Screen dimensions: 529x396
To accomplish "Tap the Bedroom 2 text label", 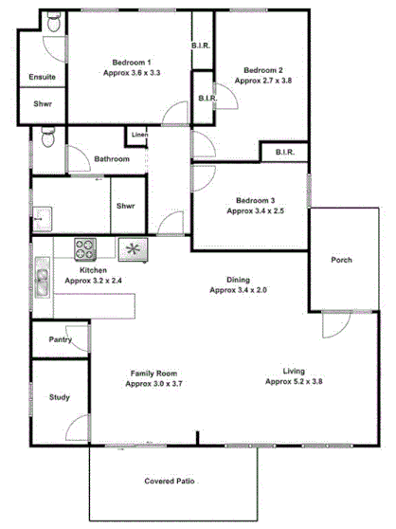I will (x=263, y=70).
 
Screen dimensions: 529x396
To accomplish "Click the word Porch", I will (x=341, y=261).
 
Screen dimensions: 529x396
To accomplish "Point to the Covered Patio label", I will (x=170, y=482).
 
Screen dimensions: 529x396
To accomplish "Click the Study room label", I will (x=59, y=397).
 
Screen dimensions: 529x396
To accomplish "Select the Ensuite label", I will (x=42, y=77).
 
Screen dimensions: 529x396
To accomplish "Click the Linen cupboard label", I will (x=139, y=134).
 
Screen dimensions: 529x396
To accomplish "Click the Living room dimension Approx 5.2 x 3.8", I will (x=295, y=381).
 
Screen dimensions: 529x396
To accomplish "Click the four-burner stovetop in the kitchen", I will (x=86, y=249).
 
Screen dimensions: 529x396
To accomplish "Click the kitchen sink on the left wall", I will (x=43, y=281).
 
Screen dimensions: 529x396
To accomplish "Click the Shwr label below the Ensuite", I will (x=43, y=103).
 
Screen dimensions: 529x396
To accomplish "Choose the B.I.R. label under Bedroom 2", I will (x=285, y=153).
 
